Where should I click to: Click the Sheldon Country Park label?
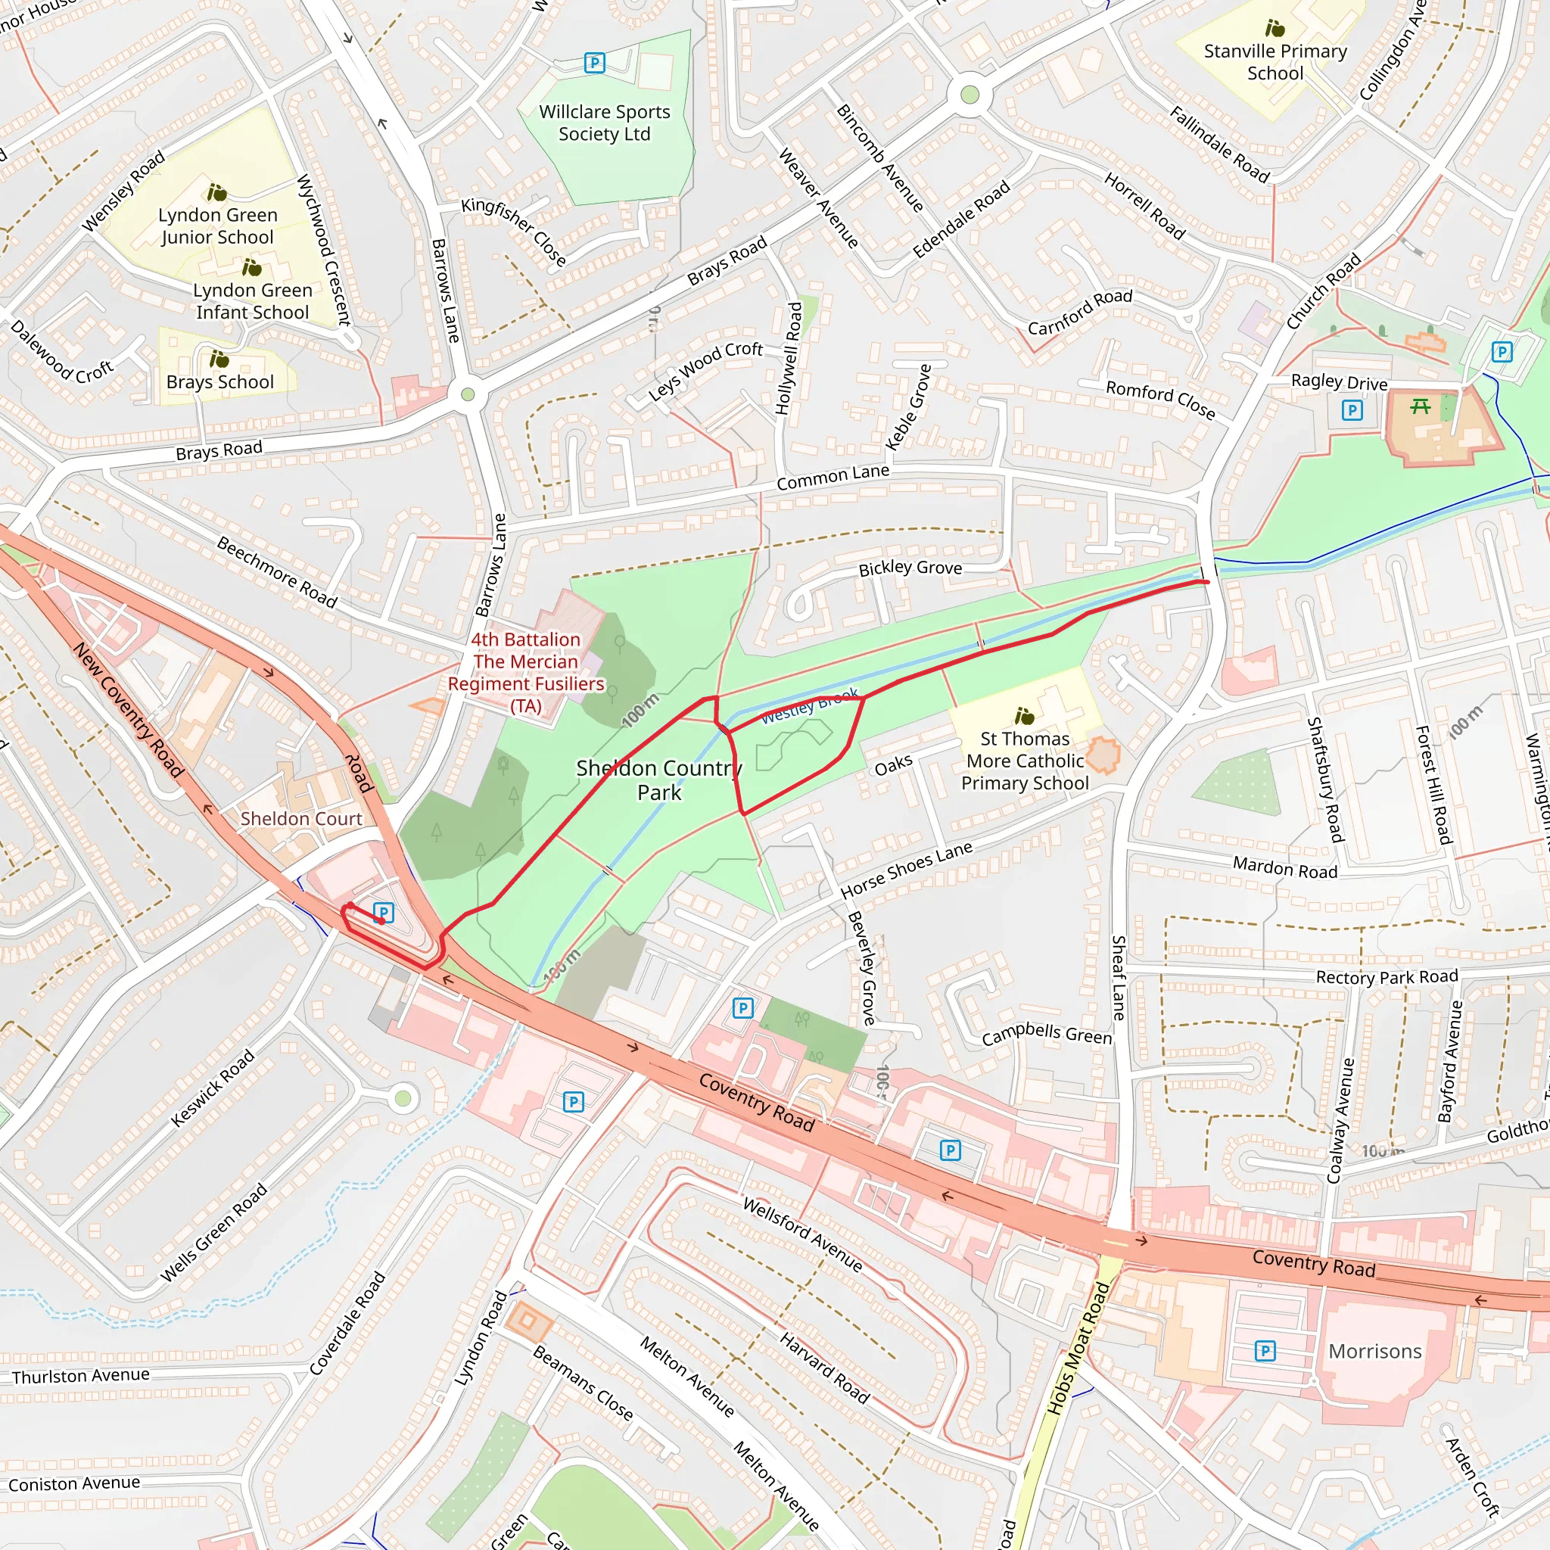(x=658, y=780)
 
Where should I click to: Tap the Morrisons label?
(x=1374, y=1352)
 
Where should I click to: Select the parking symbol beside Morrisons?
(x=1265, y=1351)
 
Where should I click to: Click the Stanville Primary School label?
(x=1275, y=62)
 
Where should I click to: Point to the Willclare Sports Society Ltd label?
(x=604, y=123)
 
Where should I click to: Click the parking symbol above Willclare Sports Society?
(x=594, y=63)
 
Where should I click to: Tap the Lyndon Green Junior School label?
(x=217, y=226)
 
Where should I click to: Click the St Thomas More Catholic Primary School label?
(x=1025, y=761)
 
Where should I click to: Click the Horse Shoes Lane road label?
(x=906, y=870)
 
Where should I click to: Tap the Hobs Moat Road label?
(x=1079, y=1349)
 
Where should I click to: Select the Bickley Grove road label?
(x=910, y=568)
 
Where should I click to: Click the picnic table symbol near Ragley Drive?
(x=1420, y=406)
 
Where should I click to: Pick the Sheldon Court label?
(x=301, y=818)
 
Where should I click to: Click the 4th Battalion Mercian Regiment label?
(x=525, y=672)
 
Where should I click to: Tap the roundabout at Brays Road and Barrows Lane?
(x=468, y=394)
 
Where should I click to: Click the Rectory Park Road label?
(x=1387, y=977)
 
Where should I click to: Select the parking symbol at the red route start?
(x=384, y=912)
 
